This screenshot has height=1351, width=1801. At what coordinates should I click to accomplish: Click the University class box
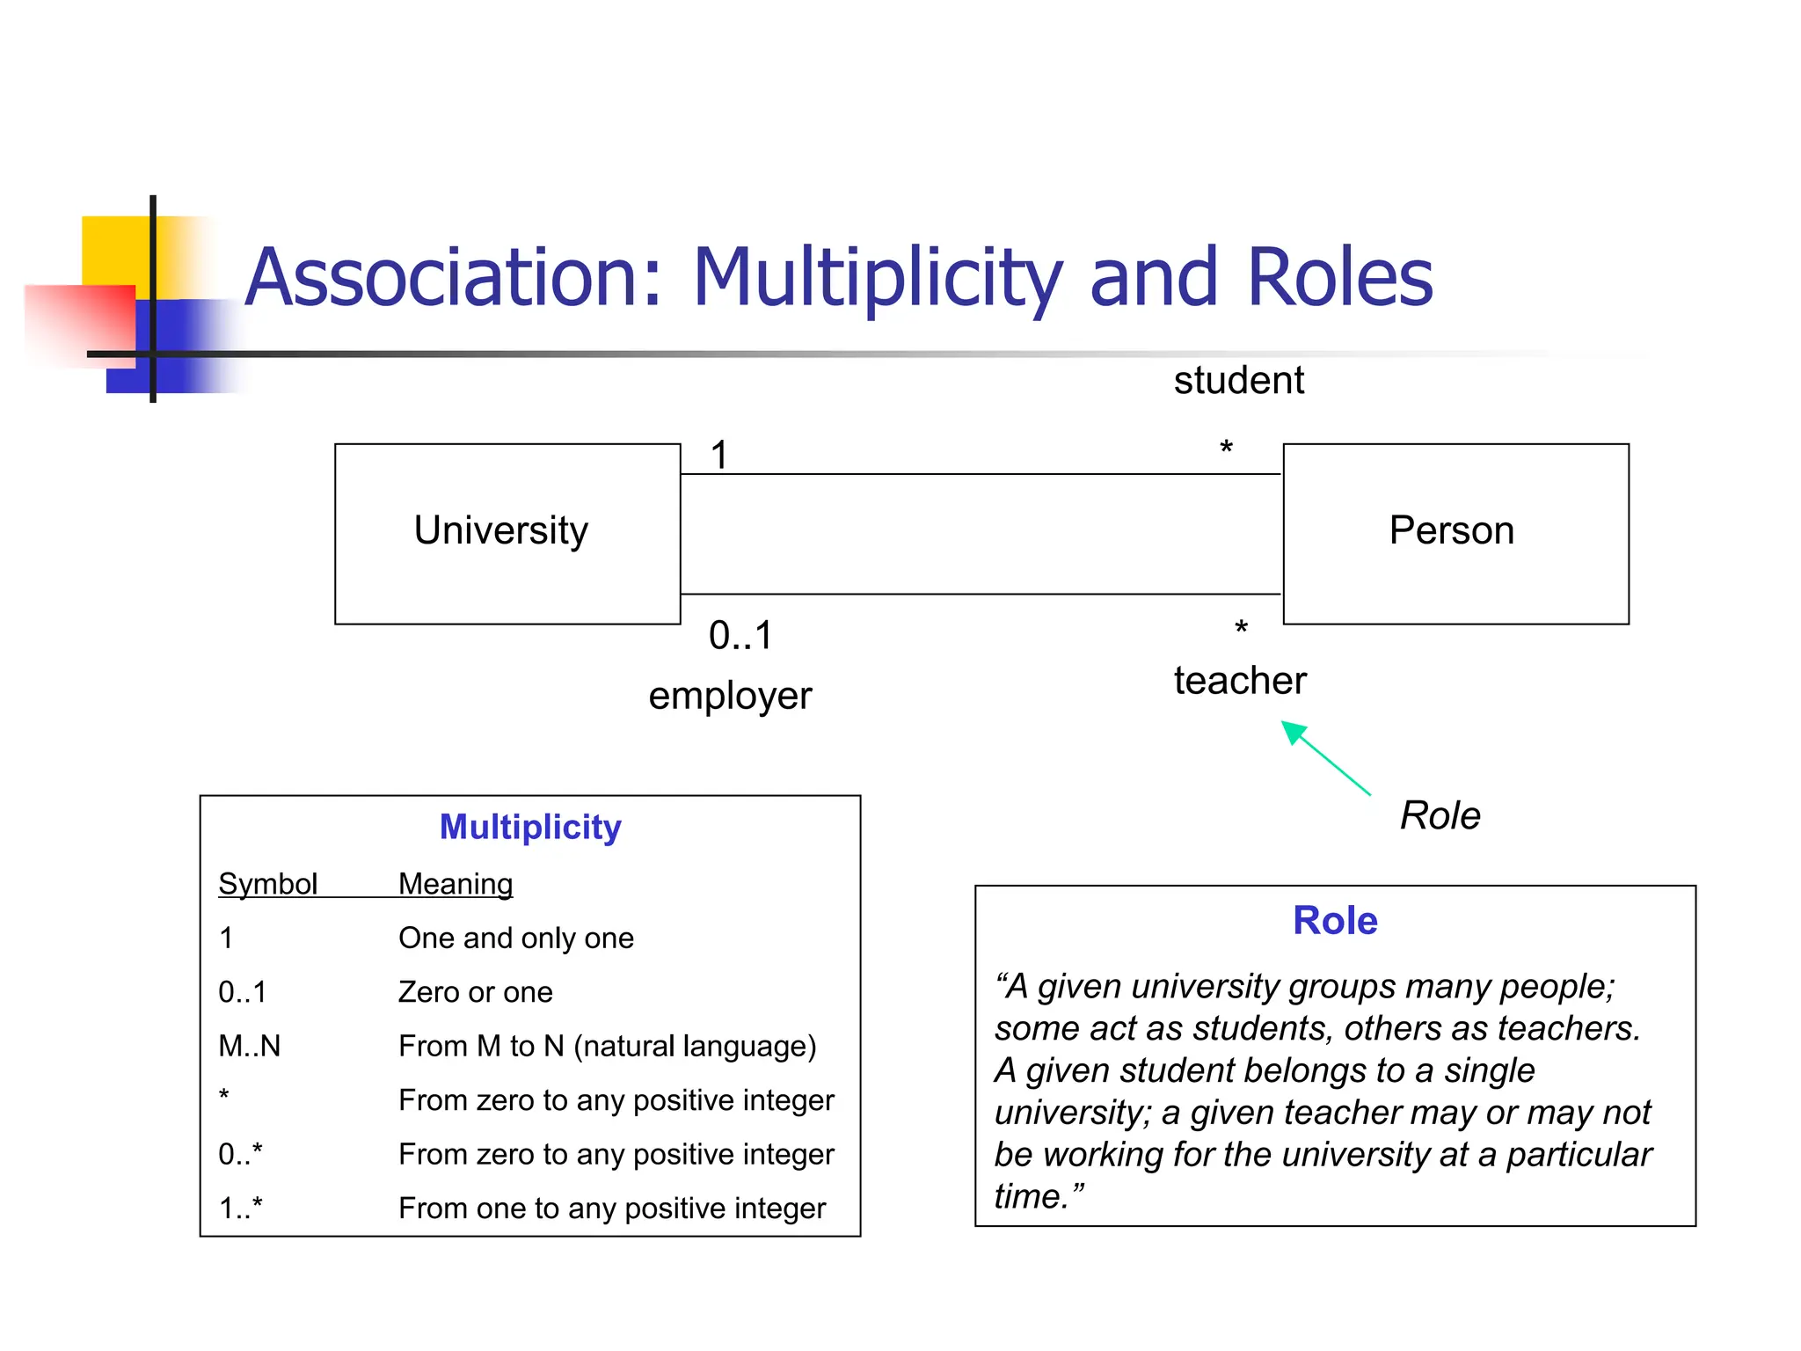[507, 534]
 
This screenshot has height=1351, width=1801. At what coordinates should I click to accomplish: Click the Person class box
[1455, 534]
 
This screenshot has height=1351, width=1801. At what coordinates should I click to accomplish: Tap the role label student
[1238, 380]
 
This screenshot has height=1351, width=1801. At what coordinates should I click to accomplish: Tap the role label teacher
[1240, 681]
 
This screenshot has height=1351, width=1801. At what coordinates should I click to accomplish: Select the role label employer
[730, 696]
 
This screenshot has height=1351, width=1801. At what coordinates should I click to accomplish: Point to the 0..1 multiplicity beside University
[740, 635]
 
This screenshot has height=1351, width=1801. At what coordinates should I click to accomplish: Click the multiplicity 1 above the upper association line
[719, 455]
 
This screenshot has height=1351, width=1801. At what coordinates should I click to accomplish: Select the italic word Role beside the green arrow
[1440, 815]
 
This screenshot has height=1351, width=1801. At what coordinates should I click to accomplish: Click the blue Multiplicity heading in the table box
[530, 827]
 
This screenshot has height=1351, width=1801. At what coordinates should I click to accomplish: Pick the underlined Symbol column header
[267, 883]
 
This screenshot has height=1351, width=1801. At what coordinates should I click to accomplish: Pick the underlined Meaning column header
[455, 883]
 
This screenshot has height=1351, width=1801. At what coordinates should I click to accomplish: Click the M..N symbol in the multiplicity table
[250, 1046]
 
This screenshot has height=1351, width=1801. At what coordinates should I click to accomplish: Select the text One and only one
[515, 938]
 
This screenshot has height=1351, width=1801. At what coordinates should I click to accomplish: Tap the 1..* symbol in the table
[240, 1208]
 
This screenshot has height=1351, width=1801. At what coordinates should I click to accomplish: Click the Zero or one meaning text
[475, 992]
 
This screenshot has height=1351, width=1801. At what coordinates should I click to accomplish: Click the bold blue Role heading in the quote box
[1334, 921]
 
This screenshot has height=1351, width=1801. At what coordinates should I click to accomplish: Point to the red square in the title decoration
[79, 324]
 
